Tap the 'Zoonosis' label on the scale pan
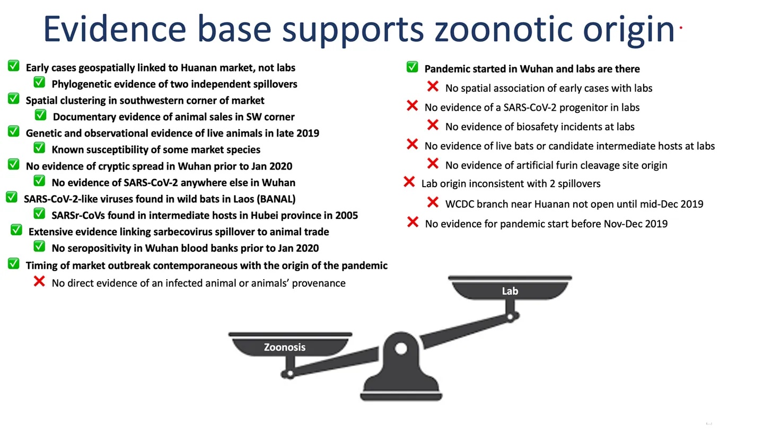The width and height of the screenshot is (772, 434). (x=284, y=347)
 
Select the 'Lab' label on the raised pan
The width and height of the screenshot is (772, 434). (x=510, y=291)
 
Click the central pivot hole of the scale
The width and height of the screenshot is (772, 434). (x=401, y=348)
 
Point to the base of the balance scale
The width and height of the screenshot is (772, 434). (x=401, y=395)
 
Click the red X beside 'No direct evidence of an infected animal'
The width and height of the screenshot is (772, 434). (x=39, y=281)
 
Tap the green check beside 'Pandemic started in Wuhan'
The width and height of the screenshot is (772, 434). (x=413, y=67)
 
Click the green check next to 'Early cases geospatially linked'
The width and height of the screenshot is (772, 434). (x=14, y=66)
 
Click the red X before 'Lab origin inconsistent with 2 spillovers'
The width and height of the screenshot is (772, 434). (x=409, y=182)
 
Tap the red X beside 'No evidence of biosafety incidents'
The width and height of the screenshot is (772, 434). (x=433, y=125)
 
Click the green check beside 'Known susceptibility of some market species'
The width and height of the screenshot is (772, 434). (x=39, y=148)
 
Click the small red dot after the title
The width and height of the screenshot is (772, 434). (x=680, y=28)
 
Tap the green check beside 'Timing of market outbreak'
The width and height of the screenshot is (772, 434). (x=14, y=264)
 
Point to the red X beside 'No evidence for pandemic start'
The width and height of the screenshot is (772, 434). (x=413, y=223)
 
